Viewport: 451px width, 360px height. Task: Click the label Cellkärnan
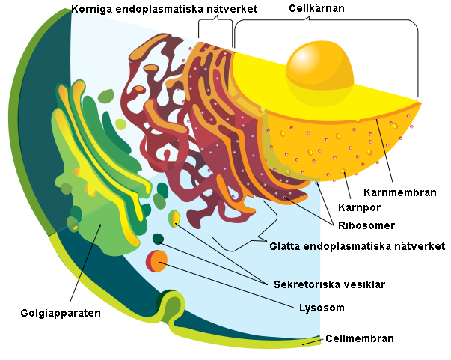click(316, 8)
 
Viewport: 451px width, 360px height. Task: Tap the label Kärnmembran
click(400, 192)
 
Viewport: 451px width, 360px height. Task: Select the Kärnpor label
click(359, 207)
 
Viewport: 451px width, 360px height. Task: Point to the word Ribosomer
click(366, 225)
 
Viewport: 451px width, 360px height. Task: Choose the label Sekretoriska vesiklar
click(329, 284)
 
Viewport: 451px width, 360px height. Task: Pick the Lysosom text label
click(322, 308)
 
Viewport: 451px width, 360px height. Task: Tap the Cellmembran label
click(360, 338)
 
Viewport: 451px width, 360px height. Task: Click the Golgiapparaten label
click(61, 313)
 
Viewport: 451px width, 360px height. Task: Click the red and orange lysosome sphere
click(156, 261)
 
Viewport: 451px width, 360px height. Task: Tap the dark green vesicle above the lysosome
click(158, 239)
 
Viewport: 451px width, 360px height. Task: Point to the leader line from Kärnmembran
click(384, 151)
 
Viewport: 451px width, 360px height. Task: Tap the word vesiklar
click(363, 284)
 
